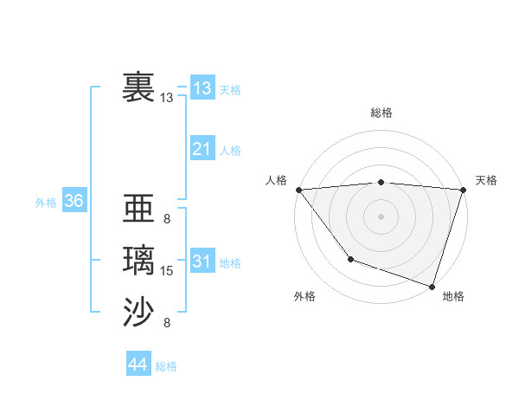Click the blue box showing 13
point(202,87)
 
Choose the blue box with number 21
point(202,149)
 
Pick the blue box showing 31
point(202,262)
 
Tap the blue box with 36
point(74,201)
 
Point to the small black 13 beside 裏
point(167,98)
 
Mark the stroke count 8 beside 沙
point(166,323)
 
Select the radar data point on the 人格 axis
point(298,190)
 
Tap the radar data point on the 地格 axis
point(432,286)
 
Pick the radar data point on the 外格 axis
point(350,259)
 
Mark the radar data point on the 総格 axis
point(381,182)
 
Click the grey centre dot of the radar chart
point(381,216)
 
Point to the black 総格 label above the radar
point(381,113)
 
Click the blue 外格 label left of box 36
point(46,203)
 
